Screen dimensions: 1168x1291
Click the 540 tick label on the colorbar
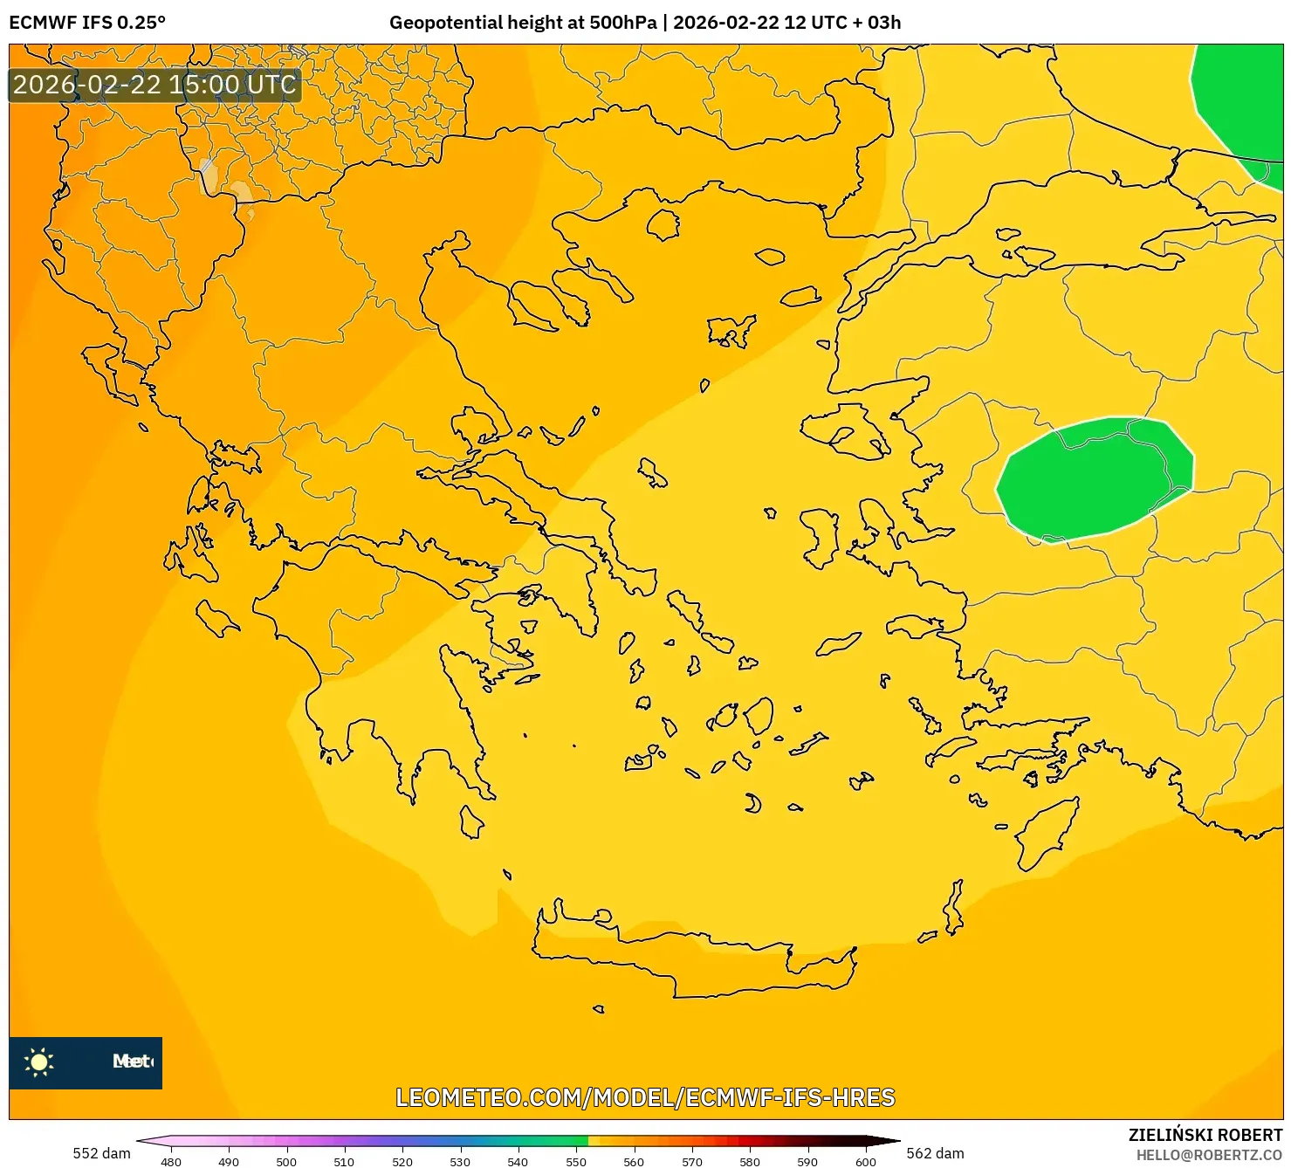point(518,1162)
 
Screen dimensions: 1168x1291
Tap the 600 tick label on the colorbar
point(865,1162)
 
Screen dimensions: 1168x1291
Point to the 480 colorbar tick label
point(171,1162)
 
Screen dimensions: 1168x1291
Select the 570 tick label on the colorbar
point(691,1162)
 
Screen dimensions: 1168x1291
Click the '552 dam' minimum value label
point(101,1153)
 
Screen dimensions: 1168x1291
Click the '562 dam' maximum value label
point(935,1153)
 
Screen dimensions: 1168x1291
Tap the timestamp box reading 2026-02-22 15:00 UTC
point(155,85)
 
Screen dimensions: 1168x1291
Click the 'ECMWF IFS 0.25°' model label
point(87,23)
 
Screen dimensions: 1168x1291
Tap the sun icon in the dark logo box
point(39,1062)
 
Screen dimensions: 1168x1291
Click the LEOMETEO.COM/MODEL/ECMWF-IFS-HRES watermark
point(645,1097)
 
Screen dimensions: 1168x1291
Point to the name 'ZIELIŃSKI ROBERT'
point(1205,1135)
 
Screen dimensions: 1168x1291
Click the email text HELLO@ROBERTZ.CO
point(1209,1155)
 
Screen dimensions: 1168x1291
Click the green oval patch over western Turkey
point(1095,478)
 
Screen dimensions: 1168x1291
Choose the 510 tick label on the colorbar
point(344,1162)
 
